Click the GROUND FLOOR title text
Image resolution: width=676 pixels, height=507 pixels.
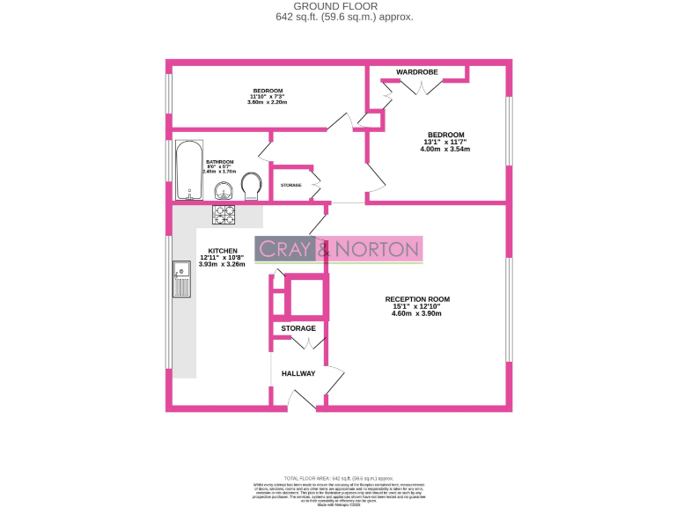pos(338,6)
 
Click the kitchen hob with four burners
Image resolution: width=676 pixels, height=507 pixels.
pos(224,213)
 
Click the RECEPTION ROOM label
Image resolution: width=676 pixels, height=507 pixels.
pos(418,299)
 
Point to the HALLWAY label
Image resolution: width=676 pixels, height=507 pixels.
pos(298,374)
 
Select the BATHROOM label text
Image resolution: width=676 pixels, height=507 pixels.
pos(220,162)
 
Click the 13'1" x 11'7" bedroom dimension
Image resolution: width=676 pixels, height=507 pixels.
pos(445,142)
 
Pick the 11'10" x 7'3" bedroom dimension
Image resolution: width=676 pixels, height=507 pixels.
pos(268,96)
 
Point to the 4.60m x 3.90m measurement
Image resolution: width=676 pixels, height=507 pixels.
pos(418,313)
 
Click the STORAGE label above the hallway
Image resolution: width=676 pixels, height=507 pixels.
pos(298,328)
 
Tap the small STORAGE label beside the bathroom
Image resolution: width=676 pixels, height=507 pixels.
pos(290,186)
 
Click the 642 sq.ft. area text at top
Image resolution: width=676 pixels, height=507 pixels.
pos(338,17)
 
